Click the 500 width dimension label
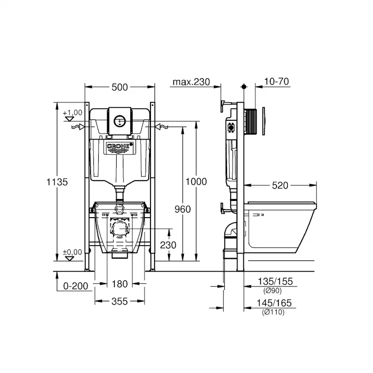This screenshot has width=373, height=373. pyautogui.click(x=119, y=87)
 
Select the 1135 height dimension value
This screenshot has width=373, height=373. pyautogui.click(x=57, y=182)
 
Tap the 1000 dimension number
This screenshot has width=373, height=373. pyautogui.click(x=196, y=182)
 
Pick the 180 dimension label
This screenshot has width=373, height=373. pyautogui.click(x=119, y=284)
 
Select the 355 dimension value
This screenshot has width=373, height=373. pyautogui.click(x=119, y=301)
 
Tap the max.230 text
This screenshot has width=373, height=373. pyautogui.click(x=191, y=82)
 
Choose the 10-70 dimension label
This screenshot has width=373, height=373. pyautogui.click(x=277, y=82)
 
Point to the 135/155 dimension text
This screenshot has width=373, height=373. pyautogui.click(x=275, y=282)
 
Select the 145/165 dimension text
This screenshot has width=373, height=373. pyautogui.click(x=275, y=304)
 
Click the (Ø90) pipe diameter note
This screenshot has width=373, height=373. pyautogui.click(x=273, y=290)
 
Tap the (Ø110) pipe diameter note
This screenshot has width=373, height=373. pyautogui.click(x=273, y=312)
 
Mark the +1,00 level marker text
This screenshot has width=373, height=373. pyautogui.click(x=73, y=112)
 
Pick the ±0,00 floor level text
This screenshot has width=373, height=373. pyautogui.click(x=73, y=252)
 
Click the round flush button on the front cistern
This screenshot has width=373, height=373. pyautogui.click(x=119, y=121)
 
